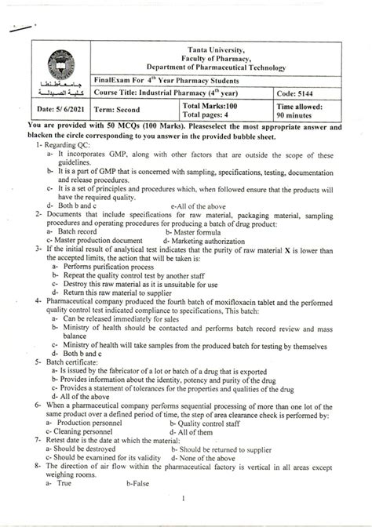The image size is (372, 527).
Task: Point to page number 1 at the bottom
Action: [x=183, y=517]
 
